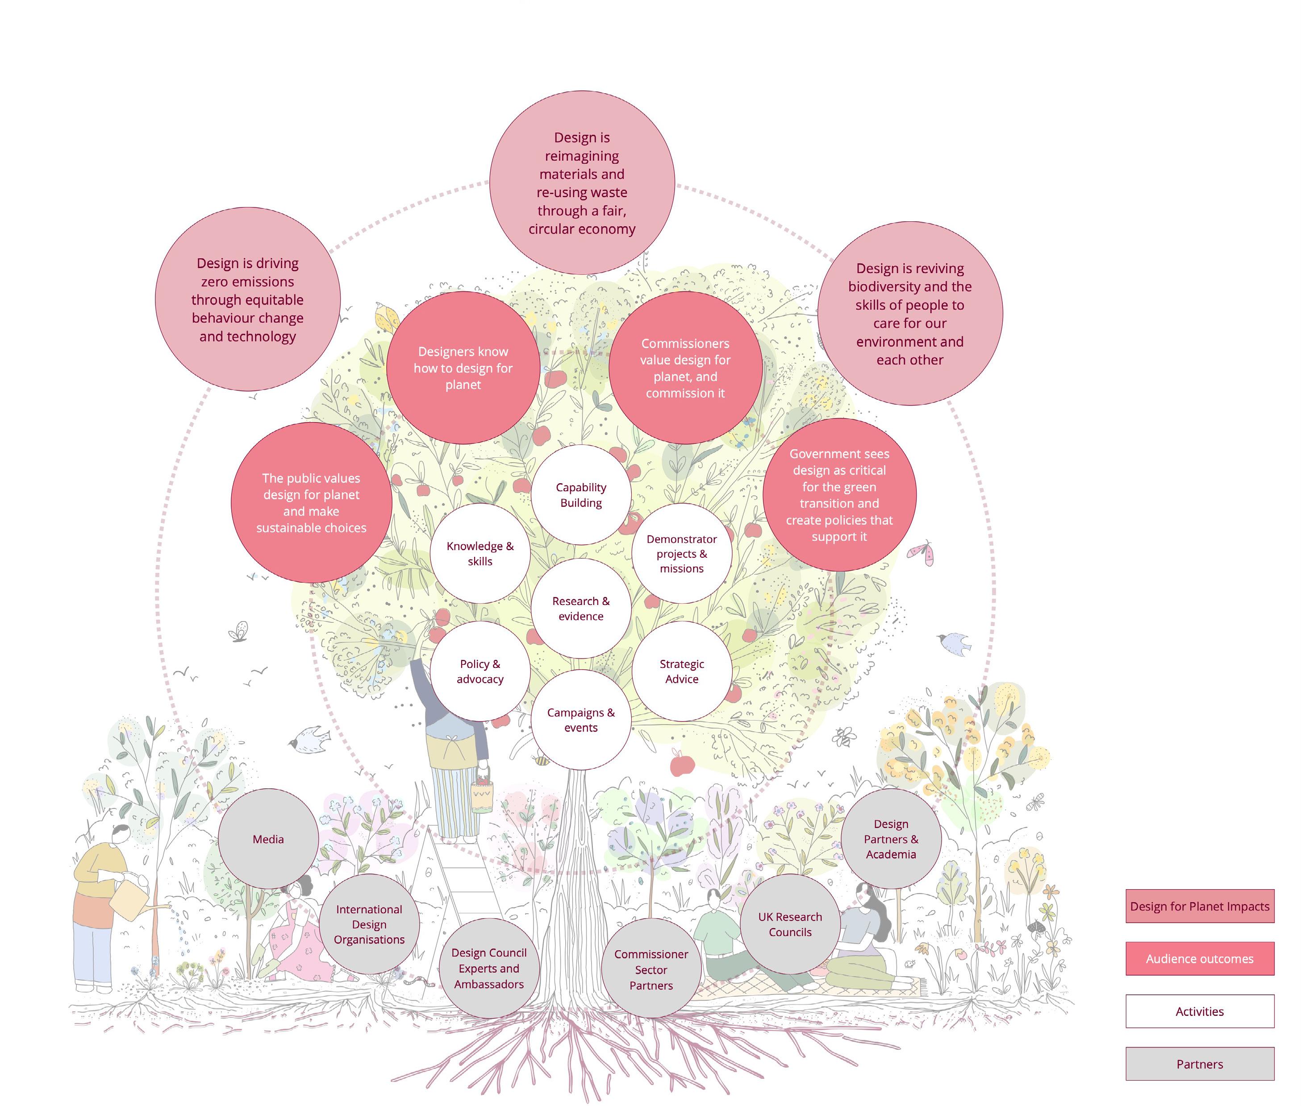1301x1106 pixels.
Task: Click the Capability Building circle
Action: coord(581,495)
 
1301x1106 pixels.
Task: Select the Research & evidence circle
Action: coord(581,608)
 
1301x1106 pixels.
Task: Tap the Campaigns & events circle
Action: coord(581,720)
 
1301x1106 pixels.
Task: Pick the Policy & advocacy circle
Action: coord(480,671)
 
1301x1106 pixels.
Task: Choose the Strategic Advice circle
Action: coord(682,671)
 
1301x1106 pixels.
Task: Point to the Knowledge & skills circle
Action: coord(480,553)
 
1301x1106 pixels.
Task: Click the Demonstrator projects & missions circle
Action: coord(682,553)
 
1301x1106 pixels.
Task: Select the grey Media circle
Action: coord(268,839)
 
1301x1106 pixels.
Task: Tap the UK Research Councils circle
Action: coord(790,924)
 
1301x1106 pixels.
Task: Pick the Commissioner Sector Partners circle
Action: coord(651,969)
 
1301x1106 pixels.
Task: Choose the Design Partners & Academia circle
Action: coord(891,839)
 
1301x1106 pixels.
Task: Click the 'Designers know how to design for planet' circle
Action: coord(463,368)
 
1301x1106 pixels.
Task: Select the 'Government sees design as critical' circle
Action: coord(839,495)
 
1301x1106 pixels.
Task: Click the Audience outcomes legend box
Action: coord(1199,959)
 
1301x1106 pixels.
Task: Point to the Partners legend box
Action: coord(1199,1064)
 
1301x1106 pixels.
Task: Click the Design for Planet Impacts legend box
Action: coord(1199,906)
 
